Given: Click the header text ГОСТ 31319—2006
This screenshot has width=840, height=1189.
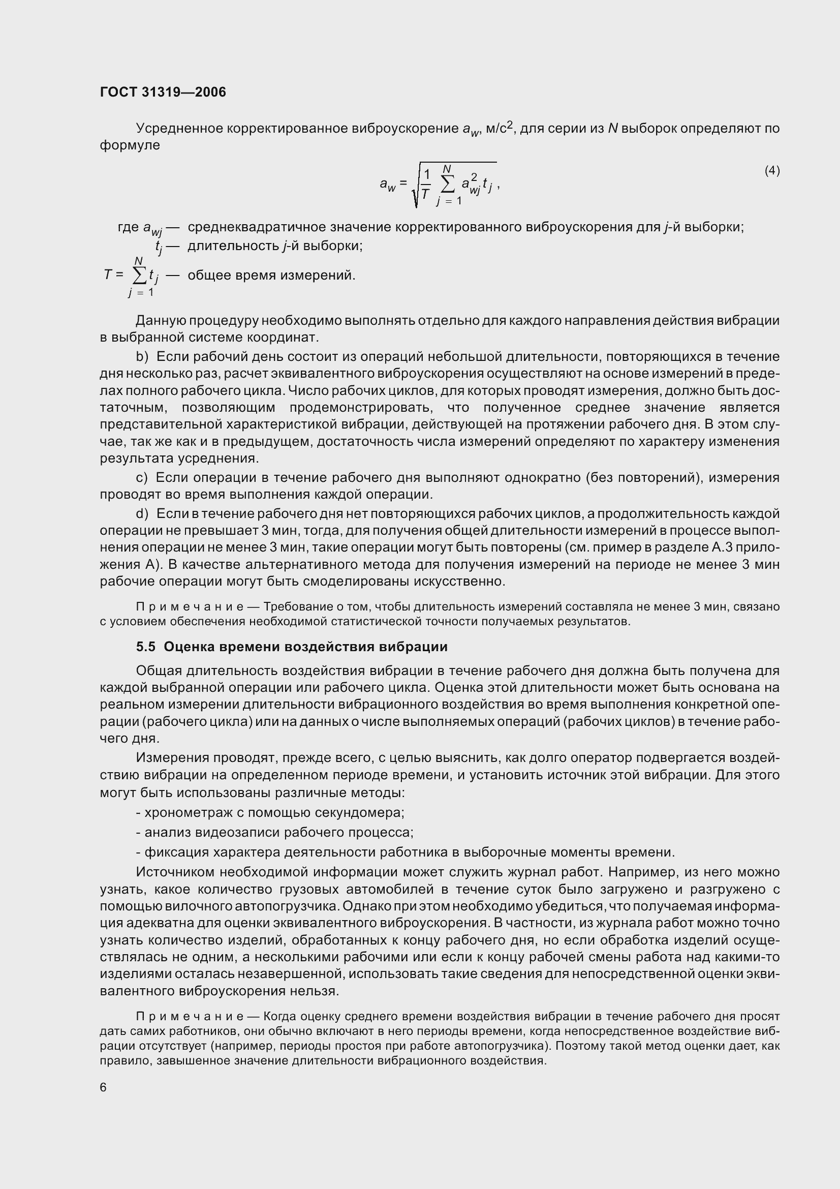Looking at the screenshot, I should click(163, 92).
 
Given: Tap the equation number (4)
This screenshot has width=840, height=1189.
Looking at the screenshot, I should click(772, 170).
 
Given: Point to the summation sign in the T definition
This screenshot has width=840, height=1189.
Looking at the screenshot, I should click(139, 276).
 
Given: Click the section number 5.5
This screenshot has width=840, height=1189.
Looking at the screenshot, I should click(145, 647).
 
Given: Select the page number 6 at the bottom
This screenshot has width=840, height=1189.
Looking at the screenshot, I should click(103, 1087).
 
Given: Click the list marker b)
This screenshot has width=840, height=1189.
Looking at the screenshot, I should click(142, 357).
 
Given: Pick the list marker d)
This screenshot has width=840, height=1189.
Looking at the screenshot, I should click(142, 514).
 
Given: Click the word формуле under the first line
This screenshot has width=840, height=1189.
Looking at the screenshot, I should click(130, 145).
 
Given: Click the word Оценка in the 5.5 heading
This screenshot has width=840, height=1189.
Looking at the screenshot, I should click(186, 647).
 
